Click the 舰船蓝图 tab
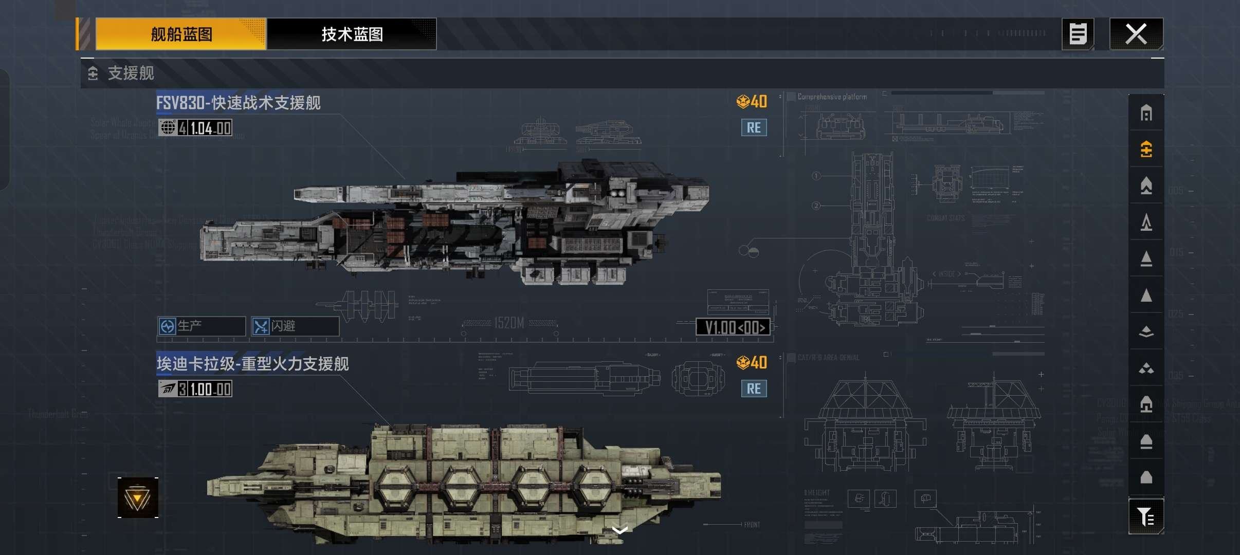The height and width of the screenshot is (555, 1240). point(181,34)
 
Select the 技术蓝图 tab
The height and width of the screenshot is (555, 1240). point(352,34)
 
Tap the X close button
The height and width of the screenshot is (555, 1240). point(1136,34)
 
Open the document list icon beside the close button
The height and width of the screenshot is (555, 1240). point(1078,34)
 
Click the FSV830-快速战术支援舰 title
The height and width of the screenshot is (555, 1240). point(239,103)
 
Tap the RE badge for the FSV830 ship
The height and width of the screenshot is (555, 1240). point(754,127)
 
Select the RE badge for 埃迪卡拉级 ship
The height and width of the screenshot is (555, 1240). point(754,388)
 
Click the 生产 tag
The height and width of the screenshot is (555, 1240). point(201,326)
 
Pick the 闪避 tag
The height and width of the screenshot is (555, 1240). point(295,326)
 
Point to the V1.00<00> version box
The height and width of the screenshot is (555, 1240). point(733,327)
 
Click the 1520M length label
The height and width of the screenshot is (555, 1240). point(509,323)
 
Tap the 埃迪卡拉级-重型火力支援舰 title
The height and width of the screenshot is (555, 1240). point(252,364)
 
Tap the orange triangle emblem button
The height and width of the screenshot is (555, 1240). point(138,497)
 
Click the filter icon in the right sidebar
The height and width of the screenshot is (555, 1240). point(1146,516)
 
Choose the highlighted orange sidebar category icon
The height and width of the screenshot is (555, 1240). point(1146,149)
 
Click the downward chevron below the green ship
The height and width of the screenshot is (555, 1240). point(621,530)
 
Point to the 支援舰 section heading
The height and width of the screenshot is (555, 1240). point(131,73)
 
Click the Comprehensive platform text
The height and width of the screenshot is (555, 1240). point(832,97)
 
